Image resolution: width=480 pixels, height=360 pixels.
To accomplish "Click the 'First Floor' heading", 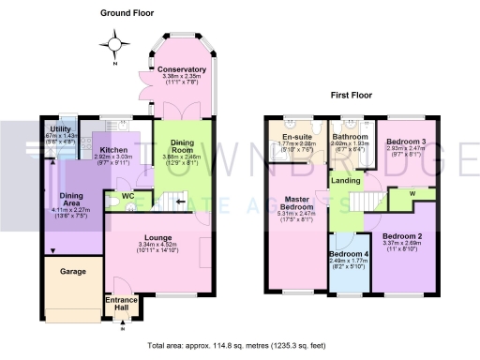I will tap(352, 96).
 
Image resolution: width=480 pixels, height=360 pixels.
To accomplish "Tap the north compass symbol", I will tap(116, 43).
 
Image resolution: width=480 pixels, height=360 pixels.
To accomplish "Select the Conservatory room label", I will tap(182, 70).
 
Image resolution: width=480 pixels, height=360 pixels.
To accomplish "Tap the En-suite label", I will tap(297, 137).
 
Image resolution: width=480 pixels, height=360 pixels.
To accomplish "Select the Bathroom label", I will tap(350, 137).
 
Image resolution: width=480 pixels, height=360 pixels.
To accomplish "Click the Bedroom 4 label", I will tap(346, 255).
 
